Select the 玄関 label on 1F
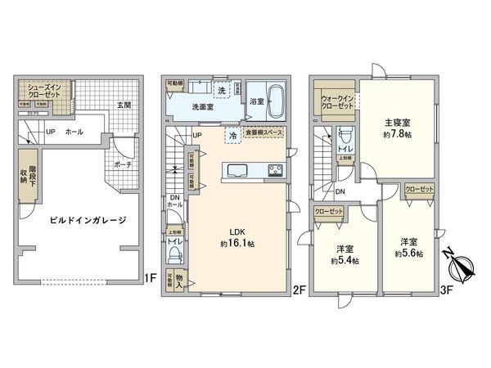point(124,105)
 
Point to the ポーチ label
point(124,163)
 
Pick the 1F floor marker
point(150,278)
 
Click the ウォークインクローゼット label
point(333,102)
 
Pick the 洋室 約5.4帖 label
point(345,254)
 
